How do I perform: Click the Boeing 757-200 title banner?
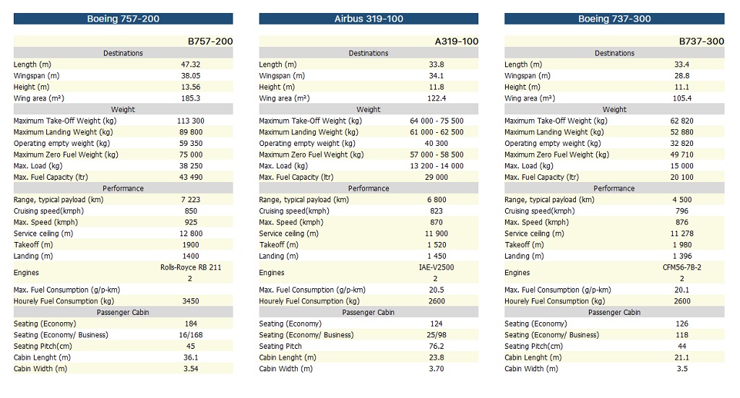(x=123, y=19)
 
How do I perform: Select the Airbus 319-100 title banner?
(x=369, y=19)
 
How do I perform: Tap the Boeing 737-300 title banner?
(x=614, y=19)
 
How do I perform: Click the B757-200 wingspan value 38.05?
(x=191, y=75)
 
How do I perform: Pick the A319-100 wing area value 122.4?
(x=436, y=98)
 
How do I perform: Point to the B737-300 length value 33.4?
(x=682, y=64)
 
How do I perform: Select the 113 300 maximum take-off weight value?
(x=191, y=121)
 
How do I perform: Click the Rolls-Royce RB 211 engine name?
(x=191, y=267)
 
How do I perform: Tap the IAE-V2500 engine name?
(x=436, y=267)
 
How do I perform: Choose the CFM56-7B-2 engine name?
(x=682, y=267)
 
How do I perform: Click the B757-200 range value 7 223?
(x=191, y=199)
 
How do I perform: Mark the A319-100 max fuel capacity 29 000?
(x=436, y=177)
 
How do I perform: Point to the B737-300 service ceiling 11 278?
(x=682, y=233)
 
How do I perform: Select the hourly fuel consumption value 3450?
(x=191, y=301)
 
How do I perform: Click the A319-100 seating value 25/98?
(x=436, y=335)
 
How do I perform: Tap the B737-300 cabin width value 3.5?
(x=682, y=369)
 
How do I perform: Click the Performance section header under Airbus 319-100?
(x=369, y=188)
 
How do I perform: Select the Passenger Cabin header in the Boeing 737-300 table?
(x=614, y=312)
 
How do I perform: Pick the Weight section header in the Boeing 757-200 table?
(x=123, y=109)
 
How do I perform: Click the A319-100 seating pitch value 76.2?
(x=436, y=346)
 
